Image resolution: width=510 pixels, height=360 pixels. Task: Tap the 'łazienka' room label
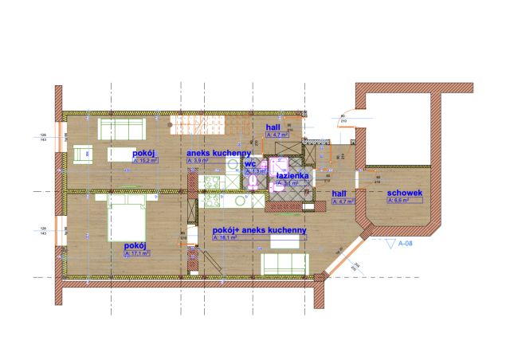point(292,175)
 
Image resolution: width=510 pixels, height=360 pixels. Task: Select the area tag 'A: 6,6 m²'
point(400,202)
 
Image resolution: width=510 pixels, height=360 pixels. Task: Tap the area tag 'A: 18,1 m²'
point(228,237)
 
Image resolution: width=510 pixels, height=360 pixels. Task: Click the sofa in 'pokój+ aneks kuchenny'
point(284,260)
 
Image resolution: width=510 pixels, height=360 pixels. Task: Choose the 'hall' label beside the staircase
point(273,128)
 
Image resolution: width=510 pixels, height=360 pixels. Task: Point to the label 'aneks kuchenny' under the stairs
point(219,152)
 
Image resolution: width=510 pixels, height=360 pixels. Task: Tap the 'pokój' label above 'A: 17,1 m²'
point(135,247)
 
